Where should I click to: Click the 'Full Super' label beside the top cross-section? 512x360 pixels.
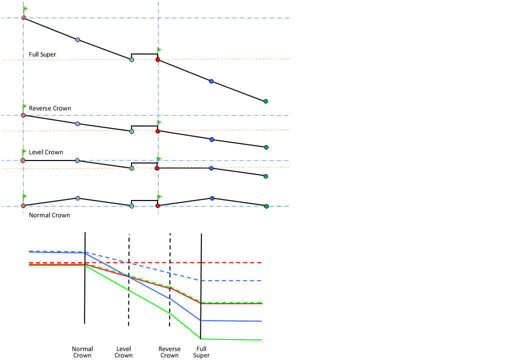click(x=42, y=54)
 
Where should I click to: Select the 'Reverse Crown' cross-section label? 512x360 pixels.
click(x=50, y=108)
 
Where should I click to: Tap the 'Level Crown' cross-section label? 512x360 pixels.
click(x=46, y=152)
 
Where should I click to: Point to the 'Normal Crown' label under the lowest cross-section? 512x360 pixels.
click(x=49, y=215)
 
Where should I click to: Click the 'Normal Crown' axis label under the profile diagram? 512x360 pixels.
click(x=82, y=352)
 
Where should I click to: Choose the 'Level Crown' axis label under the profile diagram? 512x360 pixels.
click(x=123, y=352)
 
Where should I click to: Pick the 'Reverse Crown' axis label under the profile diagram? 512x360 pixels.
click(x=169, y=352)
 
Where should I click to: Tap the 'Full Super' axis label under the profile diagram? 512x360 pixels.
click(x=201, y=352)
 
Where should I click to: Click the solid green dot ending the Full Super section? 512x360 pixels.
click(x=265, y=101)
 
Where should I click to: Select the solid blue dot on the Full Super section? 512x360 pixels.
click(x=211, y=81)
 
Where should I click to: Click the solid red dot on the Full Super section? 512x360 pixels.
click(x=157, y=59)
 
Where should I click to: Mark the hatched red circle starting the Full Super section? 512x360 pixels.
click(x=23, y=18)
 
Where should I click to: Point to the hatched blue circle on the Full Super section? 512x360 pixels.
click(x=77, y=39)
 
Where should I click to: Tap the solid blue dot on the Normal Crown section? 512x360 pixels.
click(x=212, y=198)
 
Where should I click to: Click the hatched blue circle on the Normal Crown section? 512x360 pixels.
click(x=77, y=198)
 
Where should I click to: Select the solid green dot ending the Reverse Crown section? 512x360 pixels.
click(x=266, y=147)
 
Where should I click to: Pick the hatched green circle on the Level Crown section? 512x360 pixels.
click(x=131, y=168)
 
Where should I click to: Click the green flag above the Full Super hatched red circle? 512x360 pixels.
click(x=25, y=9)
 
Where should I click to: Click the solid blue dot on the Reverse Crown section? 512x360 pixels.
click(x=212, y=139)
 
